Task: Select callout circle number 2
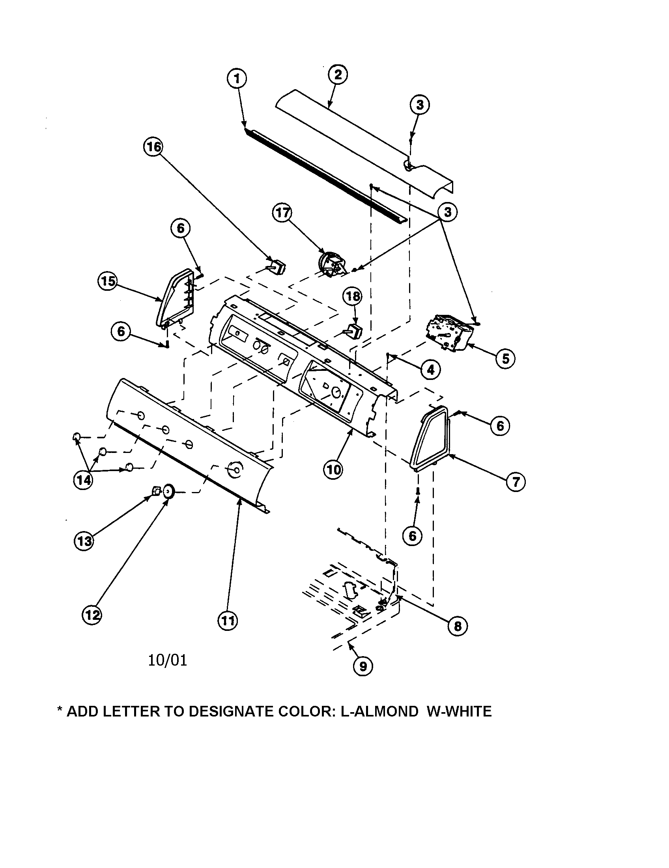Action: coord(338,75)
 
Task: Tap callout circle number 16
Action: coord(153,147)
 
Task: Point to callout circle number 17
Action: coord(282,213)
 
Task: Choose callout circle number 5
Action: coord(505,359)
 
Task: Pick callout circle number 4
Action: coord(431,370)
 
